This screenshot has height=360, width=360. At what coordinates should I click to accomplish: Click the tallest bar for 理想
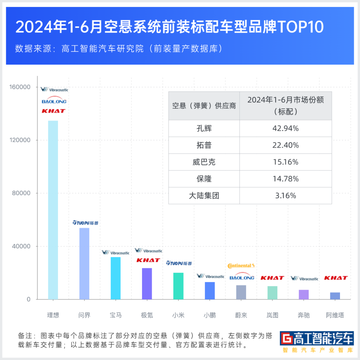pyautogui.click(x=53, y=210)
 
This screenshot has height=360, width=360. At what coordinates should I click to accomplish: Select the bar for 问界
pyautogui.click(x=84, y=264)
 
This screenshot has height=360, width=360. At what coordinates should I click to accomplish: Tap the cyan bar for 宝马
pyautogui.click(x=116, y=278)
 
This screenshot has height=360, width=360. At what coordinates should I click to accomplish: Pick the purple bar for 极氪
pyautogui.click(x=147, y=284)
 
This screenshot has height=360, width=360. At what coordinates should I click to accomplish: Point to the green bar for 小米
pyautogui.click(x=178, y=286)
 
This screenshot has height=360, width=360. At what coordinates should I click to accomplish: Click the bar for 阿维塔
pyautogui.click(x=335, y=296)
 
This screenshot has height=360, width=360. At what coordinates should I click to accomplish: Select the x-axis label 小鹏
pyautogui.click(x=210, y=315)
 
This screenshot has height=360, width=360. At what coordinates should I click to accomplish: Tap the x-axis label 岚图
pyautogui.click(x=272, y=315)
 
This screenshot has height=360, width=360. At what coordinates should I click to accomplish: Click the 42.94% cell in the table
pyautogui.click(x=285, y=128)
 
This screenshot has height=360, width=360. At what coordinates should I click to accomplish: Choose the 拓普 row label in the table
pyautogui.click(x=204, y=145)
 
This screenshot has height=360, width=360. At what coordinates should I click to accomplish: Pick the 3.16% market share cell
pyautogui.click(x=285, y=196)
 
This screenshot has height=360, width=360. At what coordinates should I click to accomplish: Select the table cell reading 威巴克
pyautogui.click(x=204, y=162)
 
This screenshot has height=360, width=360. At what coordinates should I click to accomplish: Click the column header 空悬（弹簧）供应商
pyautogui.click(x=204, y=106)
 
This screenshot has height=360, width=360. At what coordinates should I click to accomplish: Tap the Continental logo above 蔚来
pyautogui.click(x=241, y=266)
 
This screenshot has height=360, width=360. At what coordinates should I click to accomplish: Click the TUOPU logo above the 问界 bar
pyautogui.click(x=86, y=223)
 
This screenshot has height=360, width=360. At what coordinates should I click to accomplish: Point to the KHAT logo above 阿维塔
pyautogui.click(x=336, y=278)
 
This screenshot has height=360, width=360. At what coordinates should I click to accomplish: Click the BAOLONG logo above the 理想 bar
pyautogui.click(x=54, y=101)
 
